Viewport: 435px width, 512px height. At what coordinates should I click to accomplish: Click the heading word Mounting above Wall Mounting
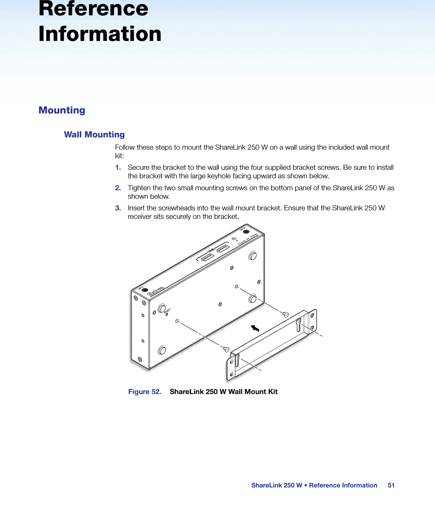pyautogui.click(x=62, y=110)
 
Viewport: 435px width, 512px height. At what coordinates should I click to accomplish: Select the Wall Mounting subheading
pyautogui.click(x=94, y=135)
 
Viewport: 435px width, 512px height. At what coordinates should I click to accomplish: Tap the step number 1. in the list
pyautogui.click(x=118, y=167)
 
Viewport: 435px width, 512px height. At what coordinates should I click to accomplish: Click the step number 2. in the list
pyautogui.click(x=118, y=188)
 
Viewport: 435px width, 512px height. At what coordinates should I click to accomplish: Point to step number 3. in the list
pyautogui.click(x=118, y=208)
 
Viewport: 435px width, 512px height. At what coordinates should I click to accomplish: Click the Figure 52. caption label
pyautogui.click(x=145, y=392)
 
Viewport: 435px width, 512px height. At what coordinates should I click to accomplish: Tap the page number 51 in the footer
pyautogui.click(x=391, y=485)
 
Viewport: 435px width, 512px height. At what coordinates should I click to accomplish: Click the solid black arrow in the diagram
pyautogui.click(x=255, y=328)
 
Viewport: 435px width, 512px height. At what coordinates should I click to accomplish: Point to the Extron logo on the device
pyautogui.click(x=155, y=291)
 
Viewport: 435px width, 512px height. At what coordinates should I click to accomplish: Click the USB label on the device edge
pyautogui.click(x=211, y=251)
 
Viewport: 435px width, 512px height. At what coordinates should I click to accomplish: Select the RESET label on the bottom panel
pyautogui.click(x=167, y=311)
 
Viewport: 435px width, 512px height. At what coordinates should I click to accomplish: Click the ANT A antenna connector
pyautogui.click(x=145, y=290)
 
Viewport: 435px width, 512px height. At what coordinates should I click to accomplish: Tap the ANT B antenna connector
pyautogui.click(x=246, y=231)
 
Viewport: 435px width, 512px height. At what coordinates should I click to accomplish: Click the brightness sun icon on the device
pyautogui.click(x=234, y=239)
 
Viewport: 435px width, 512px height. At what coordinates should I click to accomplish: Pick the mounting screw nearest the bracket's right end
pyautogui.click(x=286, y=314)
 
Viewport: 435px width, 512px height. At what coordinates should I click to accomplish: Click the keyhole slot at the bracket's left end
pyautogui.click(x=237, y=360)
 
